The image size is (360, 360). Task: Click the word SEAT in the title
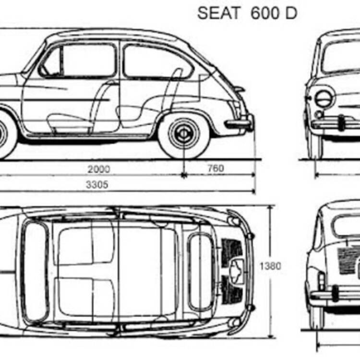[218, 13]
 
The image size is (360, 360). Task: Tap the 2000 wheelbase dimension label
[99, 169]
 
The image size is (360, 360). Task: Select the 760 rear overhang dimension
[216, 168]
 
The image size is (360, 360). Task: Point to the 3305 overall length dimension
[97, 185]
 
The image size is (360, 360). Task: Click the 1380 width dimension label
[270, 266]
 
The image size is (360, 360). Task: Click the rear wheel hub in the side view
[184, 133]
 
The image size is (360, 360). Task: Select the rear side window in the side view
[158, 61]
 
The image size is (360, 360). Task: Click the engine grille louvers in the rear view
[348, 261]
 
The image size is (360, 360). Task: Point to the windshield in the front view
[341, 58]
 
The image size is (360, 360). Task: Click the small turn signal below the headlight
[319, 114]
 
